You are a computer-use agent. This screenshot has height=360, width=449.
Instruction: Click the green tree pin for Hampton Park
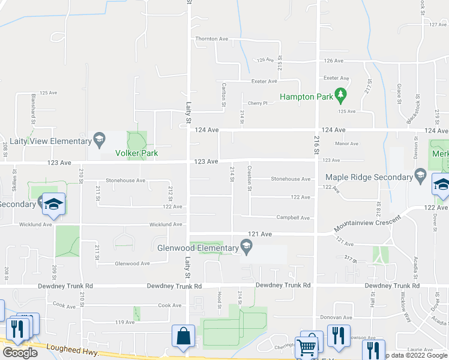340,95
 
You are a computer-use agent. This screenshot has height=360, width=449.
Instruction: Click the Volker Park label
136,153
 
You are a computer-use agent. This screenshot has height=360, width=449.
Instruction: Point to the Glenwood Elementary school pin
246,246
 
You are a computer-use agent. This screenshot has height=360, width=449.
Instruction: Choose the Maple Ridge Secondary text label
368,177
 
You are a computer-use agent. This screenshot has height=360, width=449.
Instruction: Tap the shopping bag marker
183,337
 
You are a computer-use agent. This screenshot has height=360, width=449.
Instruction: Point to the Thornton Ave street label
212,39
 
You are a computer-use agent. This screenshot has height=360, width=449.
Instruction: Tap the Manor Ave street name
346,143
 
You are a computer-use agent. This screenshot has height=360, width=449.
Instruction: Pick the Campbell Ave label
292,218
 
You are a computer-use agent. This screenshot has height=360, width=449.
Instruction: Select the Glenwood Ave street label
132,263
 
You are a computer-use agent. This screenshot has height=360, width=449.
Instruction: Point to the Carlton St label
224,95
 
